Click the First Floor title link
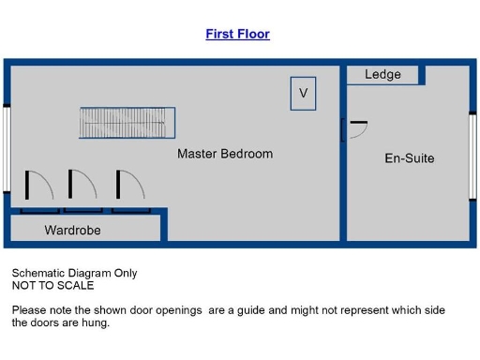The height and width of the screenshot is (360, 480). click(x=237, y=34)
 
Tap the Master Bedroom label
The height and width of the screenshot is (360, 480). click(x=225, y=154)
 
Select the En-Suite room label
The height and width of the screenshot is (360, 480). click(x=410, y=158)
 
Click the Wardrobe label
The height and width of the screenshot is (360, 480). click(x=72, y=230)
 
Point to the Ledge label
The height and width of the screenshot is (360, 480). click(x=382, y=75)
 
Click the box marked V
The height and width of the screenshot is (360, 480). click(x=303, y=94)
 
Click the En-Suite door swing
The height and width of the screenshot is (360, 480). click(x=355, y=132)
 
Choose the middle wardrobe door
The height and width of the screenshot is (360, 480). click(x=82, y=186)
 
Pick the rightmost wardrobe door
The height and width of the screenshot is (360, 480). click(x=129, y=186)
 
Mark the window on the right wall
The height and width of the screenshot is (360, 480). click(x=472, y=156)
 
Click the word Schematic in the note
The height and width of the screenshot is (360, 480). click(x=37, y=274)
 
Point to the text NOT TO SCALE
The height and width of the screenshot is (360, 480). click(x=52, y=286)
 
